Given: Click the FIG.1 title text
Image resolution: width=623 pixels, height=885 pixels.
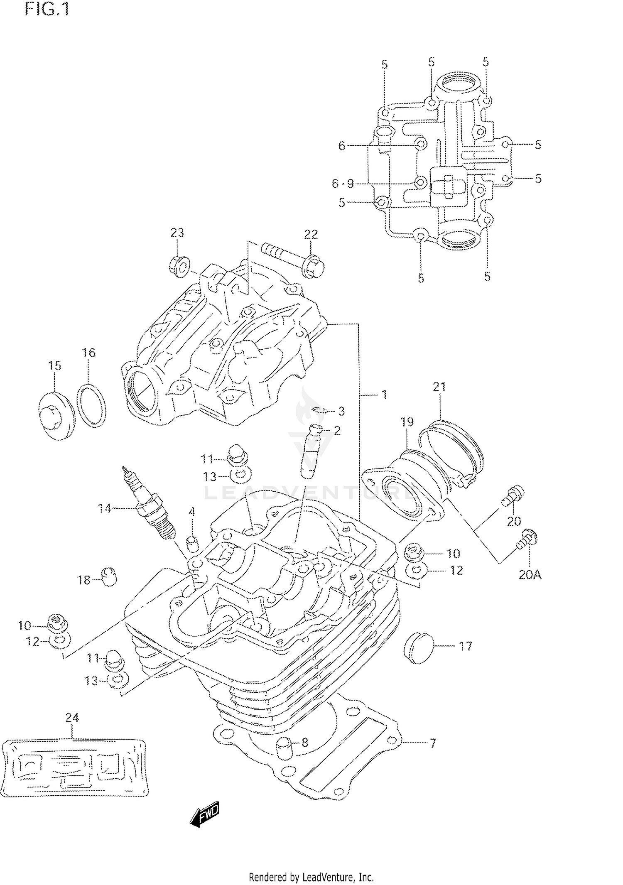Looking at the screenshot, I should tap(47, 9).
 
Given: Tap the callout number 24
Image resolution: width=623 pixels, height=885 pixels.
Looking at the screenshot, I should tap(72, 717).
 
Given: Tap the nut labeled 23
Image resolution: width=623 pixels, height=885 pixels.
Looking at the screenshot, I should tap(179, 266).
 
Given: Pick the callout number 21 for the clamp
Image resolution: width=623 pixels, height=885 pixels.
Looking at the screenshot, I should tap(439, 387).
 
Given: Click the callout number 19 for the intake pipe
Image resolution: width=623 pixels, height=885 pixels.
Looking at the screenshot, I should tap(407, 422).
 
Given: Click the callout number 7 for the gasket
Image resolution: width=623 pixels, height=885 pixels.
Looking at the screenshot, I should tap(432, 743).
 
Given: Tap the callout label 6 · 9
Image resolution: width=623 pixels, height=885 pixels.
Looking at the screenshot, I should tap(343, 183).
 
